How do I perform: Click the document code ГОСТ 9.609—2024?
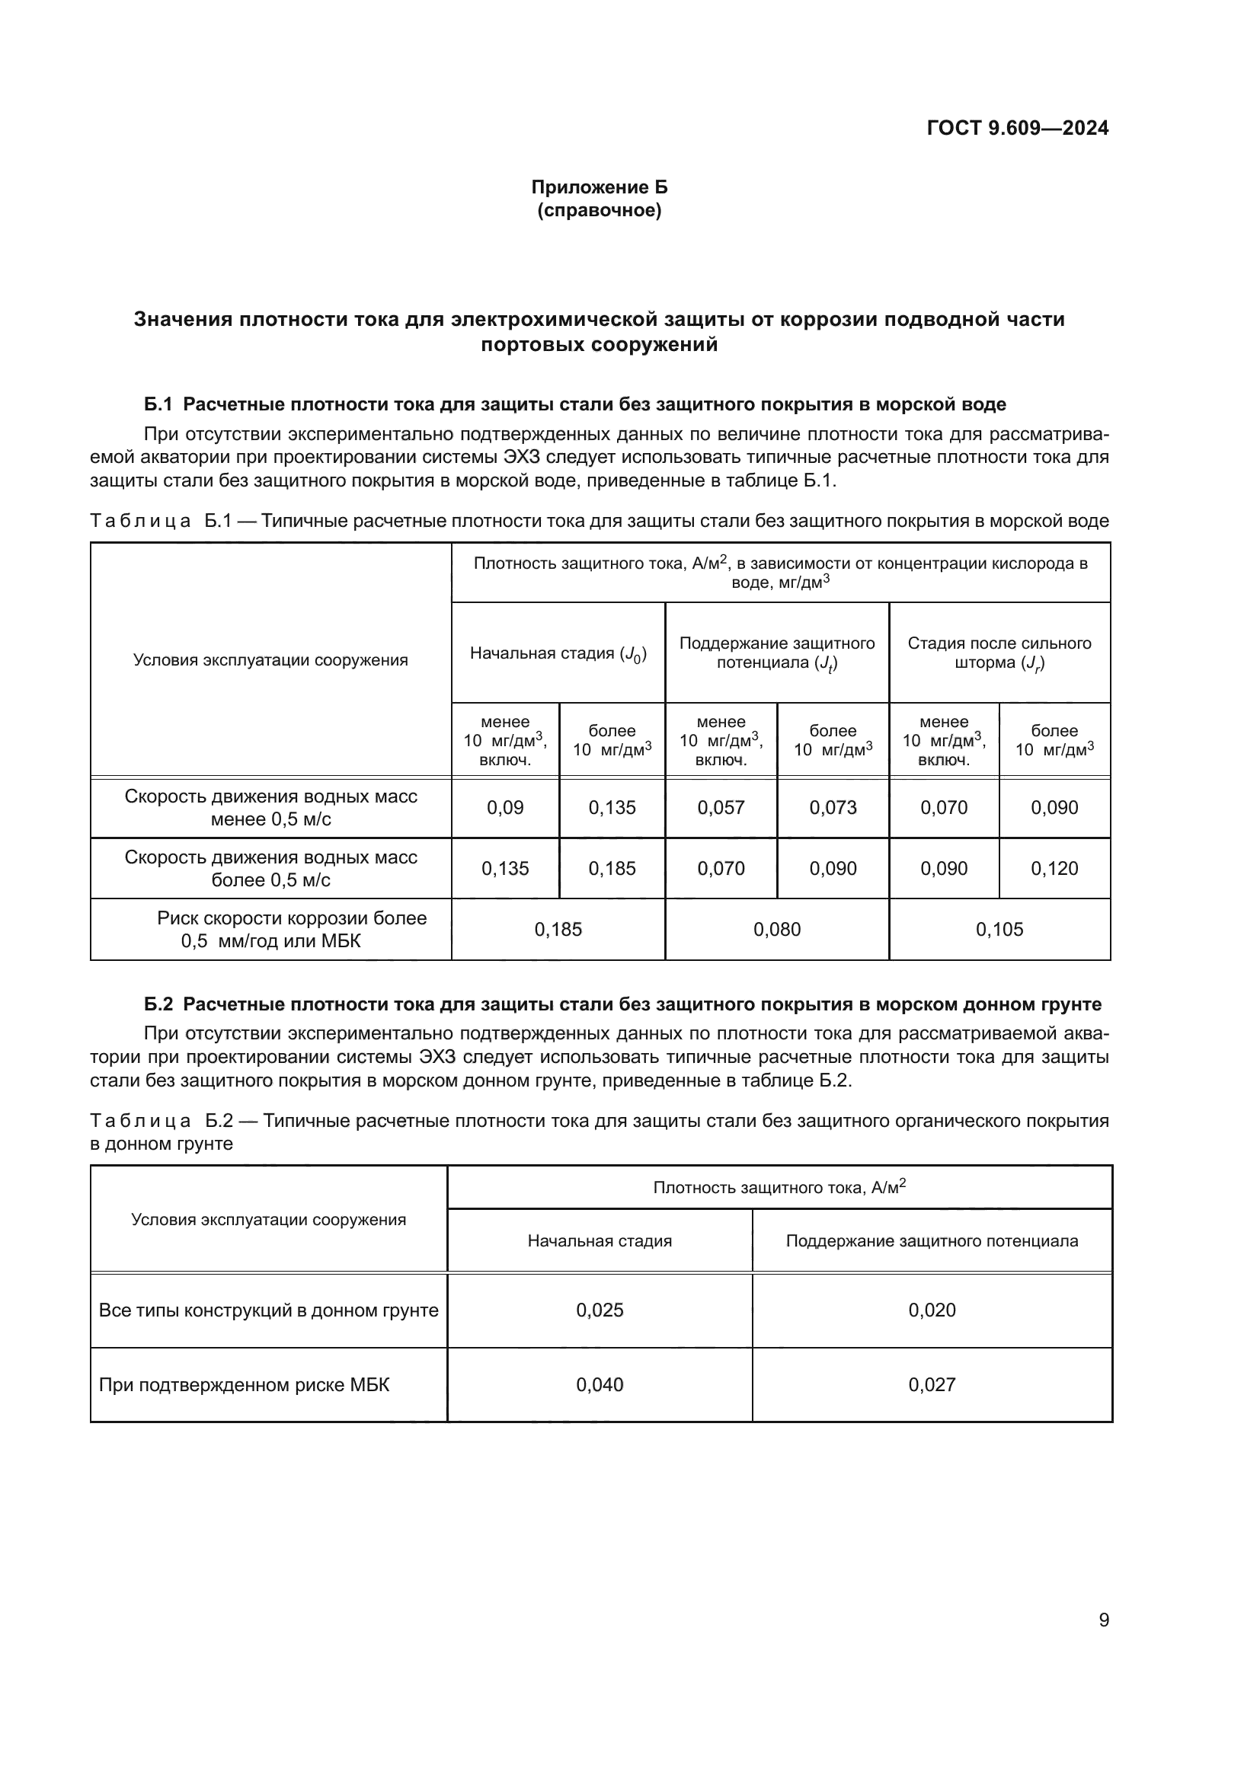point(1017,129)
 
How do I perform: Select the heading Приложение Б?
point(599,187)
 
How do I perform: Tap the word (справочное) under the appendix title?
point(599,210)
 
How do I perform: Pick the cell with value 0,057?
point(721,807)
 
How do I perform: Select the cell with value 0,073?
point(833,807)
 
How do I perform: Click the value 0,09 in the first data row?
point(505,807)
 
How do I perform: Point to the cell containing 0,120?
point(1054,868)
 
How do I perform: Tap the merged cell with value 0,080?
point(776,929)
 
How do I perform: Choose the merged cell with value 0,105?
point(999,929)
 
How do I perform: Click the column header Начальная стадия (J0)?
point(558,653)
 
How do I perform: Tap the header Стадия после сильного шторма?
point(999,653)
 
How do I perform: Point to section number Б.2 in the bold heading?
point(158,1004)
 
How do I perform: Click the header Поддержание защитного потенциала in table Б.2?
point(932,1240)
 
